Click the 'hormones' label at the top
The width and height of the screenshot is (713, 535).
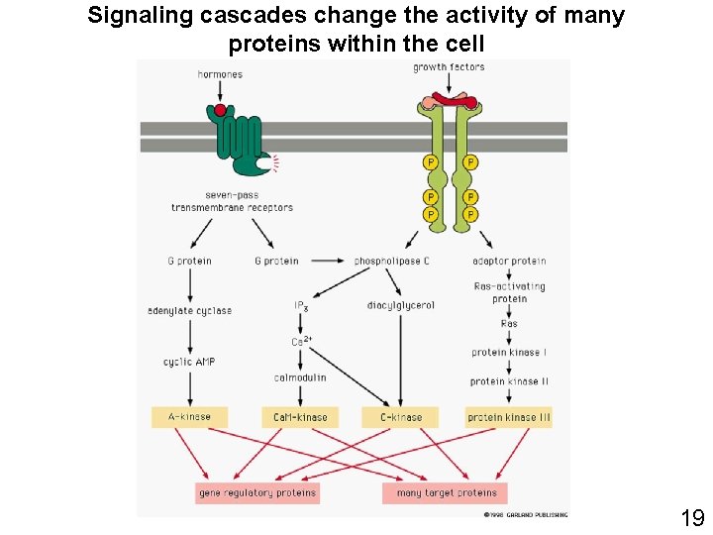[x=220, y=74]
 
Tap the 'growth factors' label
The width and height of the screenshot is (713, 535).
[x=449, y=67]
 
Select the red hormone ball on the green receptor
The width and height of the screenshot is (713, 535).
[x=220, y=109]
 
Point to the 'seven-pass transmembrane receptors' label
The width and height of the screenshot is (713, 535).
[x=232, y=201]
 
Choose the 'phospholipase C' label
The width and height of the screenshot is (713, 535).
[x=392, y=262]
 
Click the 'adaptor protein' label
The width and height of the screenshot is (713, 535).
[x=509, y=262]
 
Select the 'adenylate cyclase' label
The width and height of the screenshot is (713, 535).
[x=189, y=310]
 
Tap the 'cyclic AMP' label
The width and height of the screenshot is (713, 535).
[x=189, y=362]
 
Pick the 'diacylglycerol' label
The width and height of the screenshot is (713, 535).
[x=400, y=305]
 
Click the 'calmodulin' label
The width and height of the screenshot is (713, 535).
[x=300, y=377]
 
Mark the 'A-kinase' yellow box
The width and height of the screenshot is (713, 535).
[x=189, y=417]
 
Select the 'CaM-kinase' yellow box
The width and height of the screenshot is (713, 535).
[x=300, y=418]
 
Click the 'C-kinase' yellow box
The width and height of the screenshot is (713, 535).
[x=400, y=418]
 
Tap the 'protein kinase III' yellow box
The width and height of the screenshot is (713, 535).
[x=509, y=418]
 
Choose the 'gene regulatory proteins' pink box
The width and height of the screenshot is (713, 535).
[x=257, y=492]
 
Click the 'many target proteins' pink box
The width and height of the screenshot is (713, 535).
[x=446, y=492]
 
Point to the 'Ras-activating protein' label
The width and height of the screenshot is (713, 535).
[x=509, y=292]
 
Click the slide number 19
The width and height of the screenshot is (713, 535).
[x=691, y=517]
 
